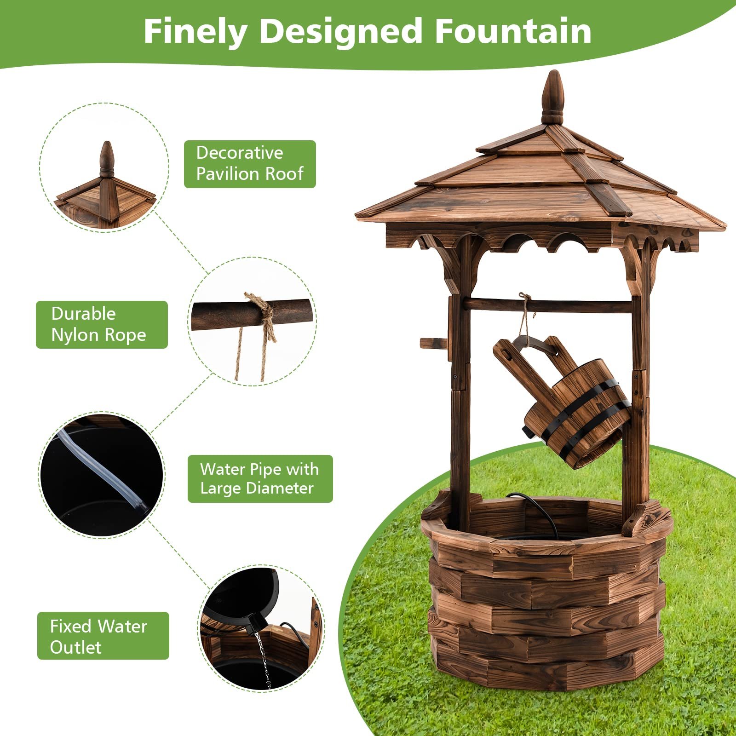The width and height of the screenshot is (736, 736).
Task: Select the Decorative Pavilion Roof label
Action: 250,164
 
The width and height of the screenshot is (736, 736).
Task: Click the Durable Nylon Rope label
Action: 102,324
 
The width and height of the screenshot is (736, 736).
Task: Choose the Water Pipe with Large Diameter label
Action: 260,478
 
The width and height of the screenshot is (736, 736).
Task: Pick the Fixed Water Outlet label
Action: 103,636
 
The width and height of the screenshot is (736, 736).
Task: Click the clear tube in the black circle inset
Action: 103,469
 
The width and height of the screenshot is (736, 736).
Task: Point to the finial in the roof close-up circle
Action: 107,159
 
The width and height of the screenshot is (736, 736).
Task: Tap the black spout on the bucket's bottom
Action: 527,431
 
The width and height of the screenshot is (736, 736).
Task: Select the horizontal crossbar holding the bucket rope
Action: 547,305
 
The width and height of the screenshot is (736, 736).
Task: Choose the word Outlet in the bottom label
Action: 75,647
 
